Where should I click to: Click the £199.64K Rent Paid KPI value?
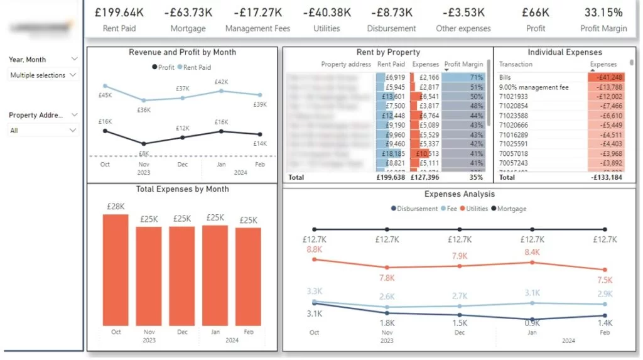[x=119, y=12]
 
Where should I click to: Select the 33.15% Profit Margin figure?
[x=603, y=12]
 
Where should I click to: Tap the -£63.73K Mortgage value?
[x=188, y=12]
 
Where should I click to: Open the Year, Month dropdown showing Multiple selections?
[x=43, y=75]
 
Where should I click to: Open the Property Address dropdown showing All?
[x=43, y=131]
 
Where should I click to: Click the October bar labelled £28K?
[x=116, y=270]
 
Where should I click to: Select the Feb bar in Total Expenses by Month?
[x=248, y=276]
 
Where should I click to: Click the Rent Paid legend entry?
[x=197, y=67]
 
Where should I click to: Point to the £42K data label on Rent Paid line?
[x=221, y=82]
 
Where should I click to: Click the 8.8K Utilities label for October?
[x=315, y=249]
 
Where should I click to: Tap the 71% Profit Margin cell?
[x=476, y=77]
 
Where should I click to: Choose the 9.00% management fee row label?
[x=533, y=87]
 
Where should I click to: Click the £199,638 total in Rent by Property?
[x=390, y=177]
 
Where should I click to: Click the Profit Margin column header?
[x=461, y=64]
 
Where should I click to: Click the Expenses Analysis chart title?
[x=460, y=194]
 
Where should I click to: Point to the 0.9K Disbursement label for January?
[x=532, y=323]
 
